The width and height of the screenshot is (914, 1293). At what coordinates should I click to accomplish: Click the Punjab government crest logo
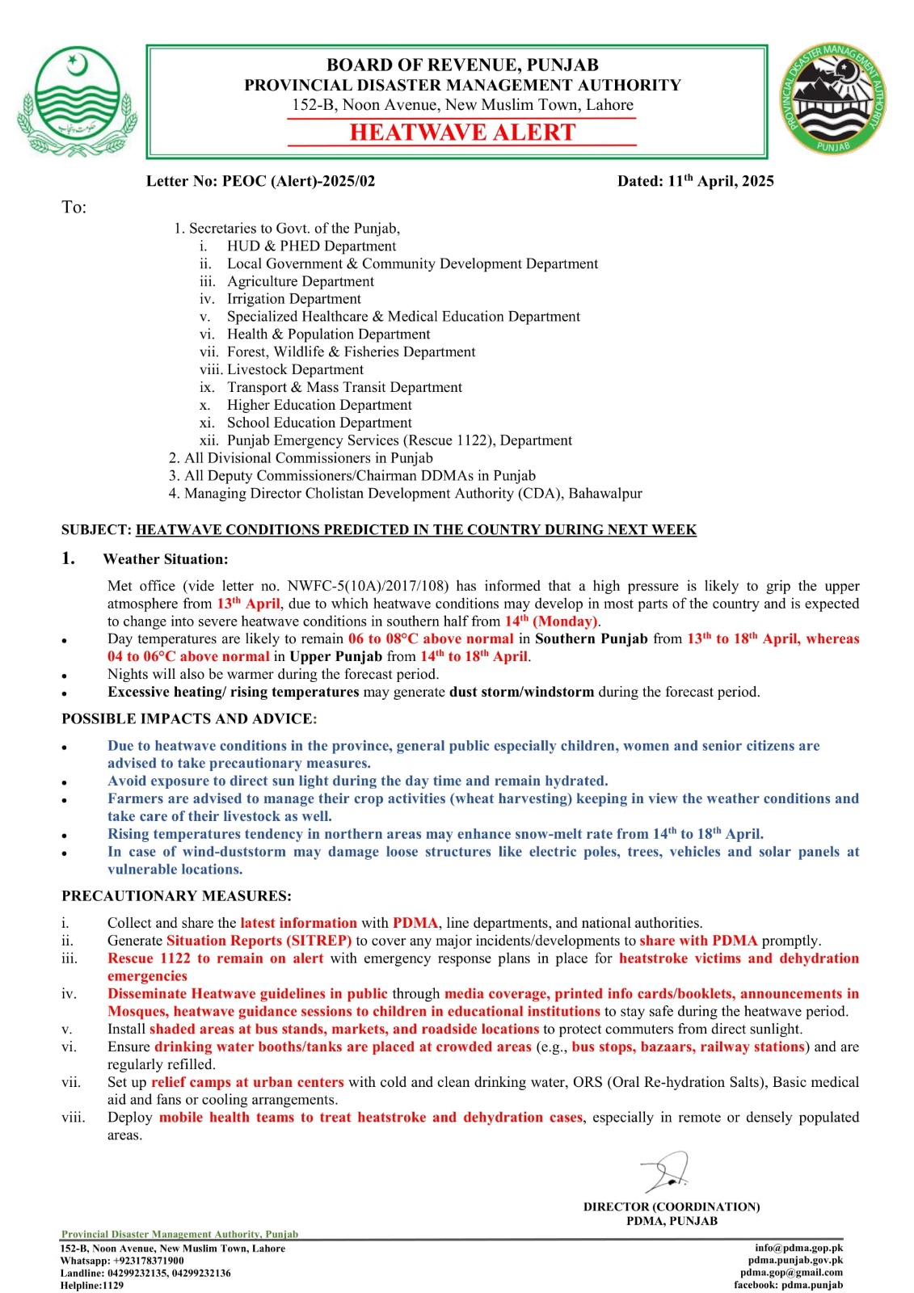pyautogui.click(x=77, y=101)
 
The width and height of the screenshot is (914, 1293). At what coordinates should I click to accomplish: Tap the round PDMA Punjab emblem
pyautogui.click(x=833, y=100)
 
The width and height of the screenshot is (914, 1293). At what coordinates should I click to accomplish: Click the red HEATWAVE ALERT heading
pyautogui.click(x=462, y=133)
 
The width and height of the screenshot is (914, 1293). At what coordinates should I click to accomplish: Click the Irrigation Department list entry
pyautogui.click(x=293, y=299)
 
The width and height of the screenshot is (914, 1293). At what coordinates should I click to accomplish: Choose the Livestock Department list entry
pyautogui.click(x=295, y=369)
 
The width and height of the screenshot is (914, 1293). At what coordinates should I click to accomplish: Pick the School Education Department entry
pyautogui.click(x=319, y=423)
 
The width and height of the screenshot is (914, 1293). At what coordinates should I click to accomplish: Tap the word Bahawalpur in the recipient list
pyautogui.click(x=605, y=493)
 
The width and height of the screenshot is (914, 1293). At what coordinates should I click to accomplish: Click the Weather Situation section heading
pyautogui.click(x=165, y=559)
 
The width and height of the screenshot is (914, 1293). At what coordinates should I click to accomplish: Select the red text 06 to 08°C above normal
pyautogui.click(x=431, y=638)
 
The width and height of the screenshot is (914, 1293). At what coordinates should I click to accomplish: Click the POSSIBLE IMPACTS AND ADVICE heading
pyautogui.click(x=189, y=718)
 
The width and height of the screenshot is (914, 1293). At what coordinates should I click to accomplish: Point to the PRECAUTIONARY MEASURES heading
pyautogui.click(x=176, y=895)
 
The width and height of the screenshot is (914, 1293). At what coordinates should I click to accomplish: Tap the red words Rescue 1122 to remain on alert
pyautogui.click(x=215, y=958)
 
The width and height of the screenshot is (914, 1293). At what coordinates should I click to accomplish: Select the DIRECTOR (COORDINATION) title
pyautogui.click(x=672, y=1207)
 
